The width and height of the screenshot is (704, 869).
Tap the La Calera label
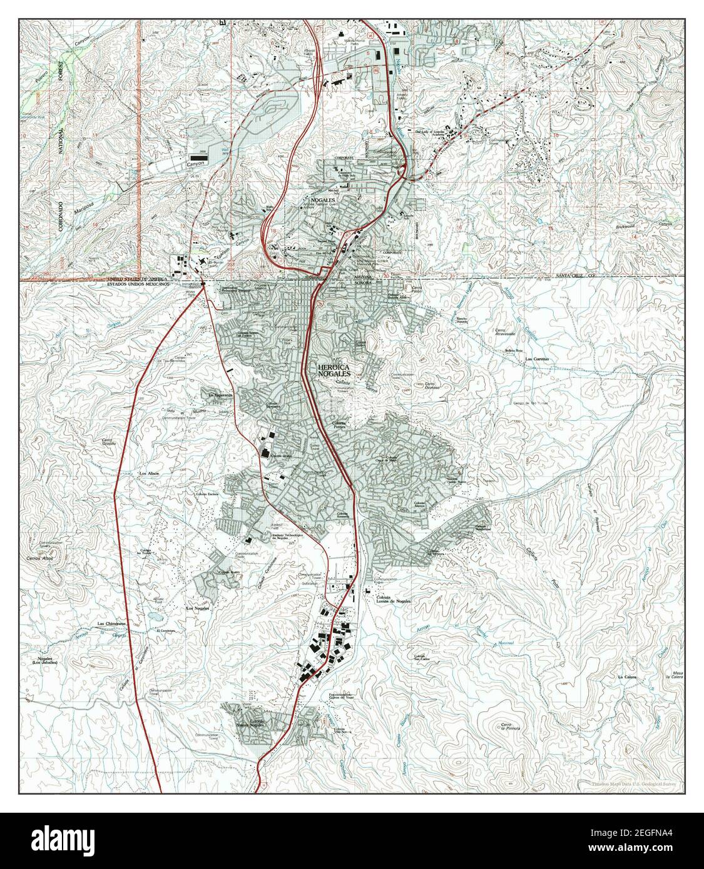(626, 677)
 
